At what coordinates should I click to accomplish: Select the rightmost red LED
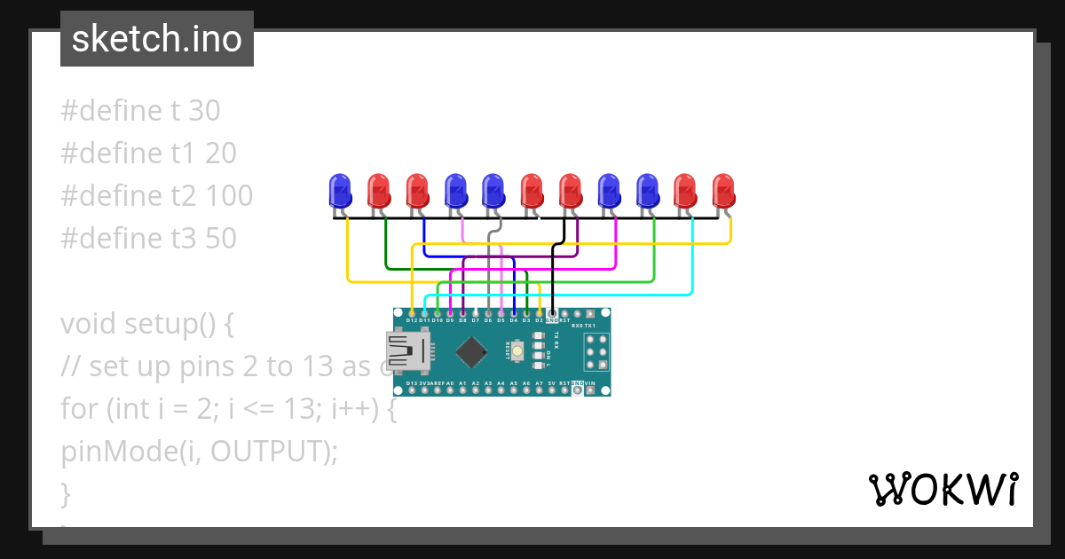pos(724,190)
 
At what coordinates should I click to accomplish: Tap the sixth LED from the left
pos(532,190)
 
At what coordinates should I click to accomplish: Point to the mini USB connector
pos(405,351)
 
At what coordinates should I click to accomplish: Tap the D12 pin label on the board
pos(412,320)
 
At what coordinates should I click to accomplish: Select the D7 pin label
pos(476,320)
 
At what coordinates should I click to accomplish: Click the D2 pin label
pos(539,320)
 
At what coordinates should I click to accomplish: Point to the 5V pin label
pos(551,383)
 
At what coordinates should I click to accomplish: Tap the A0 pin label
pos(450,383)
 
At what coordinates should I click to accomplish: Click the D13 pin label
pos(412,383)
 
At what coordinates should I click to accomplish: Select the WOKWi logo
pos(942,489)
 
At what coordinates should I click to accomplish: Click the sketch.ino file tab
pos(157,39)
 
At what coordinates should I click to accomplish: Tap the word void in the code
pos(89,324)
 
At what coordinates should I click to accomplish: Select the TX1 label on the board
pos(602,327)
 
